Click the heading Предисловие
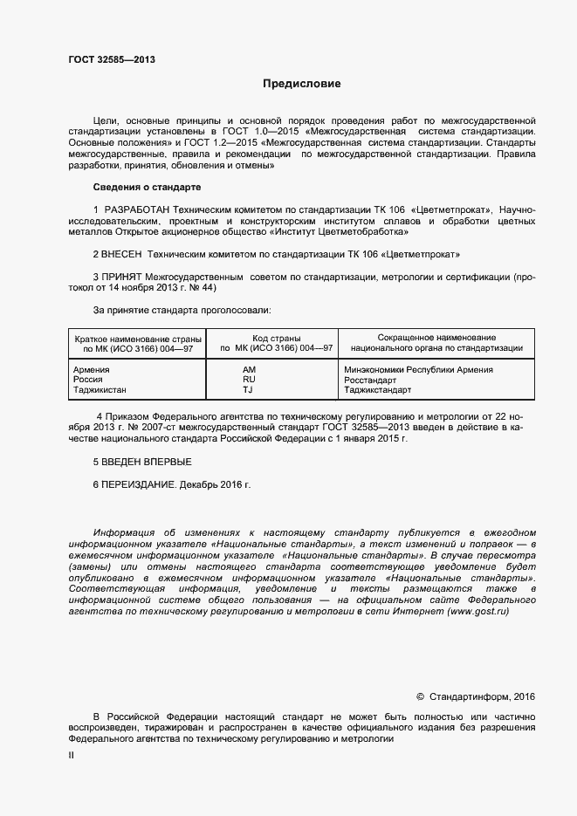(x=302, y=85)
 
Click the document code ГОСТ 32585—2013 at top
(x=113, y=60)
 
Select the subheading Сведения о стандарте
(x=147, y=188)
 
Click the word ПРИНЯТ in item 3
(x=123, y=277)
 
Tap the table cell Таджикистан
(x=100, y=390)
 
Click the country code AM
(x=249, y=369)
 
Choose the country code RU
(x=249, y=380)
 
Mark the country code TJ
(x=248, y=390)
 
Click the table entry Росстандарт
(x=371, y=380)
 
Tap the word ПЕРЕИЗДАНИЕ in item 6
(x=140, y=483)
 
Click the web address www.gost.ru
(x=477, y=612)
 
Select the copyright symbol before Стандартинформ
(x=421, y=696)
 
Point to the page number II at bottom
(x=72, y=756)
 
